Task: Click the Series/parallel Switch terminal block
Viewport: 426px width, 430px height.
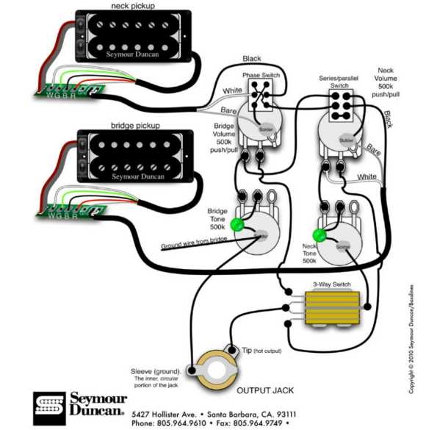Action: (x=340, y=107)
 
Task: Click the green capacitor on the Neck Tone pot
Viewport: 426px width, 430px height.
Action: (x=319, y=236)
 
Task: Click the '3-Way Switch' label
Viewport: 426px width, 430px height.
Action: (x=331, y=284)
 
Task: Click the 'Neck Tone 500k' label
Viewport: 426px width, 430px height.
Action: (x=309, y=254)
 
